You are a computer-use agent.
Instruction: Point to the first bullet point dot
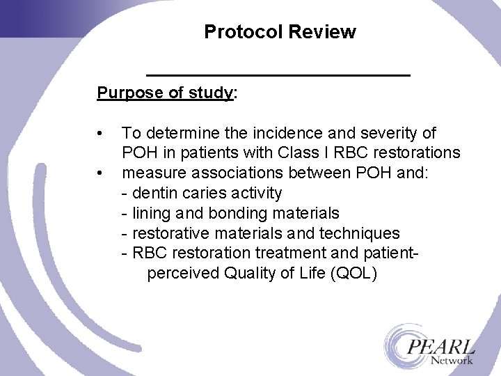102,133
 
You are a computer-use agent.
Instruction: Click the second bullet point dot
102,172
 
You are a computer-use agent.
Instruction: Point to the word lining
151,213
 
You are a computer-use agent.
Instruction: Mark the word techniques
363,233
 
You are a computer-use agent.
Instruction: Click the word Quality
248,274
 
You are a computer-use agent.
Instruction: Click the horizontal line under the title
278,74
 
